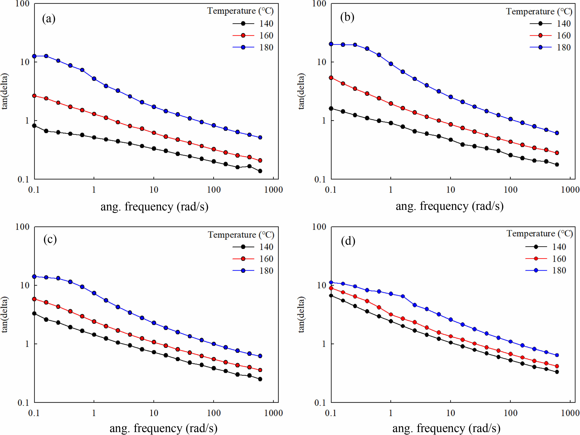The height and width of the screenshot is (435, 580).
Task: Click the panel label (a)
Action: [49, 19]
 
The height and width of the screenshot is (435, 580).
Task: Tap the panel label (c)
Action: [50, 239]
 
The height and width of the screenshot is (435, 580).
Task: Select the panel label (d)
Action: [348, 241]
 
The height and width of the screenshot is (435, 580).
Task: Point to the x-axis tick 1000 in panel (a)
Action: [273, 190]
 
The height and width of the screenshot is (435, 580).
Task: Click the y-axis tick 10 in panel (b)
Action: [322, 62]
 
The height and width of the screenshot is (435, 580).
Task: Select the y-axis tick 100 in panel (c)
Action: [23, 227]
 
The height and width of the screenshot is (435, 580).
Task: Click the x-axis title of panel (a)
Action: [154, 207]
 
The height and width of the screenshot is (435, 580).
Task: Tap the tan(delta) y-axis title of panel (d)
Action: [301, 314]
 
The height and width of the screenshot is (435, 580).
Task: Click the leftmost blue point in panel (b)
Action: [331, 44]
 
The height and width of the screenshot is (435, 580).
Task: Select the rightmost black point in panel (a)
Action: [260, 171]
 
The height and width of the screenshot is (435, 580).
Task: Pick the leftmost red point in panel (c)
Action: [34, 299]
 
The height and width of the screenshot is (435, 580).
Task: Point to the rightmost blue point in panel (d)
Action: [557, 355]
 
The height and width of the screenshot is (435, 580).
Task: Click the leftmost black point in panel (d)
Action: [331, 296]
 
